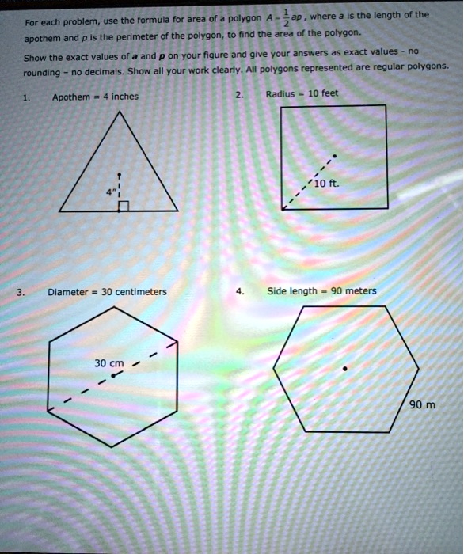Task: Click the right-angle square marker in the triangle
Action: point(123,207)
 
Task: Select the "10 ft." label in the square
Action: point(326,184)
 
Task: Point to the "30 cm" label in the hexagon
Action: point(109,363)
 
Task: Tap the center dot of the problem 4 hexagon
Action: point(344,368)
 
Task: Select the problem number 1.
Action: point(26,97)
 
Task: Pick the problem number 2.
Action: point(239,93)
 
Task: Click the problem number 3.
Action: point(21,291)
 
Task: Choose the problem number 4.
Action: point(239,290)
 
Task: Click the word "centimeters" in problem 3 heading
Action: point(141,291)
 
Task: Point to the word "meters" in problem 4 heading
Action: point(361,290)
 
